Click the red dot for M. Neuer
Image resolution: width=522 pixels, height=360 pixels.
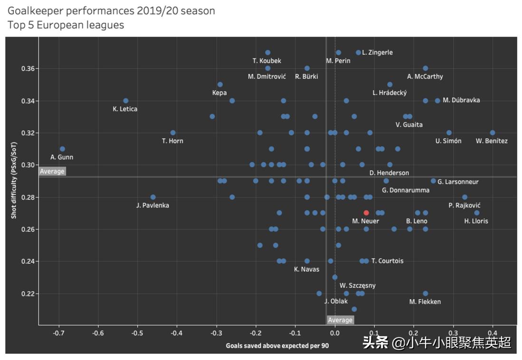tap(366, 213)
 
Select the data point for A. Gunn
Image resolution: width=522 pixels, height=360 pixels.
tap(62, 149)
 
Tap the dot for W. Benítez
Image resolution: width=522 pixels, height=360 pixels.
tap(493, 133)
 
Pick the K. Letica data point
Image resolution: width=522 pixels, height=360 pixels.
tap(126, 101)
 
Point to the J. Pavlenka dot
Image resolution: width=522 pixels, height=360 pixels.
tap(153, 197)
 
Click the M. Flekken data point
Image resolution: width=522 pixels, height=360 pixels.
tap(425, 294)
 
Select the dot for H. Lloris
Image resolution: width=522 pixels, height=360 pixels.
tap(477, 213)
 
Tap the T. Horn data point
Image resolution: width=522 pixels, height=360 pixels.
tap(173, 133)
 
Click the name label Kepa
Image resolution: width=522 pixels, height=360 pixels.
tap(219, 93)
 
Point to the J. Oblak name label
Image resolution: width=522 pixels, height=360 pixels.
tap(336, 301)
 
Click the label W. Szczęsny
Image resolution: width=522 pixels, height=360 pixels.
tap(357, 285)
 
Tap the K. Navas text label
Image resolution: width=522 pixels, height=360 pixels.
tap(306, 269)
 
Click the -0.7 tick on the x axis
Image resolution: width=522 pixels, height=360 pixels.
tap(58, 333)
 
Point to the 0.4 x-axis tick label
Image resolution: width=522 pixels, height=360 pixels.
tap(493, 333)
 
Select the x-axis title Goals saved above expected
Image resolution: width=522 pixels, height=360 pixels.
tap(277, 345)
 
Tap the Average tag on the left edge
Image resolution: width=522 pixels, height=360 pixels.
tap(52, 171)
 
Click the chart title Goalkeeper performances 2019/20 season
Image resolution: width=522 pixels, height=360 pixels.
tap(111, 10)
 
